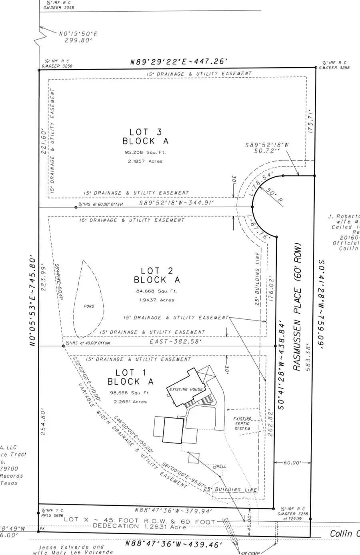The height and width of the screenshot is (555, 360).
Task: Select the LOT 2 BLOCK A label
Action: pyautogui.click(x=157, y=275)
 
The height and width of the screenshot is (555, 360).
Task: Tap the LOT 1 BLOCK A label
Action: pyautogui.click(x=130, y=377)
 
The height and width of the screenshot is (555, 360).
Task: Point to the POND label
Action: pyautogui.click(x=89, y=306)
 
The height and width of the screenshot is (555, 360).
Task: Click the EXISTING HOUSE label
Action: pyautogui.click(x=186, y=389)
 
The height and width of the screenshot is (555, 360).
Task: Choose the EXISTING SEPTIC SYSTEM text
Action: pyautogui.click(x=242, y=424)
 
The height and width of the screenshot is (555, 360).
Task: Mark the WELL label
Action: pyautogui.click(x=221, y=467)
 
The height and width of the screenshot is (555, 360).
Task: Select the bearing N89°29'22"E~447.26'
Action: pyautogui.click(x=179, y=62)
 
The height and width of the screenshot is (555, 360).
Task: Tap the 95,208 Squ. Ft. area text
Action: pyautogui.click(x=144, y=152)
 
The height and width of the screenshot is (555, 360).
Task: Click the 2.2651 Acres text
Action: pyautogui.click(x=130, y=402)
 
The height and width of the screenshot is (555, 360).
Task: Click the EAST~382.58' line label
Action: pyautogui.click(x=176, y=342)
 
